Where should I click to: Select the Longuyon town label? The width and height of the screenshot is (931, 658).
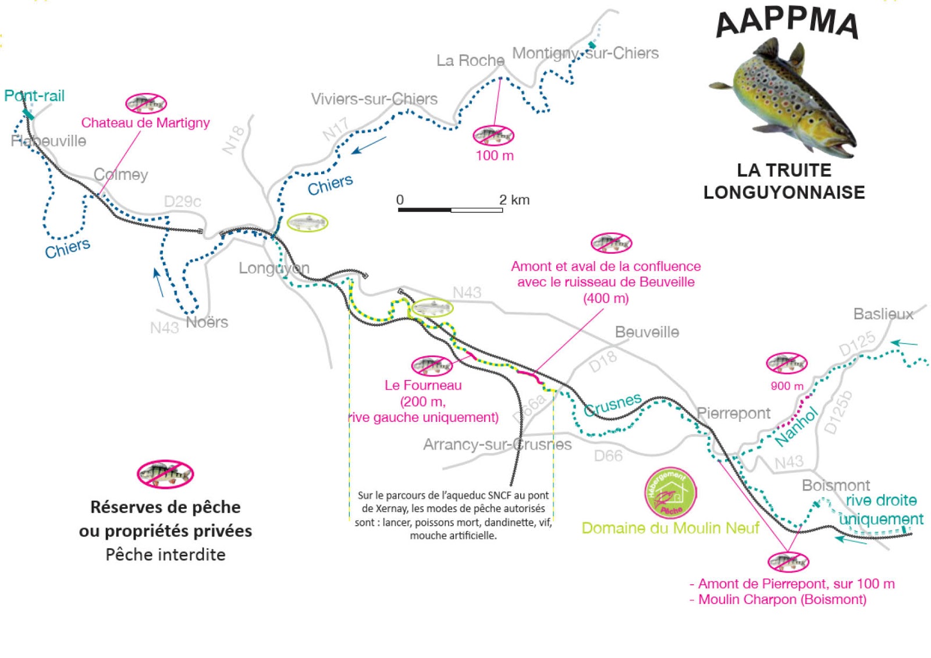tap(274, 268)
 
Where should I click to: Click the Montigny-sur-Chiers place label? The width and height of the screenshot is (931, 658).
tap(585, 54)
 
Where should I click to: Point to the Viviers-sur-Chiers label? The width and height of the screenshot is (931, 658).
tap(374, 99)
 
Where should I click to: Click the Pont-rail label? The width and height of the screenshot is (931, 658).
tap(34, 96)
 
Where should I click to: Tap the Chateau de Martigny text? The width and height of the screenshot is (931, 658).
tap(145, 123)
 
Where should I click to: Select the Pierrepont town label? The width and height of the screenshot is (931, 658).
tap(733, 413)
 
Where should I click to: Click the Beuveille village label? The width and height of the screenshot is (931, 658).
tap(647, 332)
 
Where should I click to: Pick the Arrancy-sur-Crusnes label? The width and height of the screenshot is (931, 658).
tap(498, 444)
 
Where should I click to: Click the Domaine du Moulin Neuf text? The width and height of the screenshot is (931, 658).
tap(670, 528)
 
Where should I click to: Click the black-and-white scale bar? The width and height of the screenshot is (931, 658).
tap(450, 209)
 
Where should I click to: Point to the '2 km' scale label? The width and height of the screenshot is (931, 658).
tap(514, 200)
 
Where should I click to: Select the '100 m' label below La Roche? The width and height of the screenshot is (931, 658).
tap(495, 155)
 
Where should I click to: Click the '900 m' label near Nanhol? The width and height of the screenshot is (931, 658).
tap(787, 386)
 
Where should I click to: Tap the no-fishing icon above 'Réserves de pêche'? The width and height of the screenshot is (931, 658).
tap(165, 474)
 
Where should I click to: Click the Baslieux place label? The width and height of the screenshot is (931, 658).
tap(883, 314)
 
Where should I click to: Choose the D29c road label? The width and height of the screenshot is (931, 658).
tap(183, 201)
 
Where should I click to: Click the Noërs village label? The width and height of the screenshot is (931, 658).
tap(207, 322)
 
